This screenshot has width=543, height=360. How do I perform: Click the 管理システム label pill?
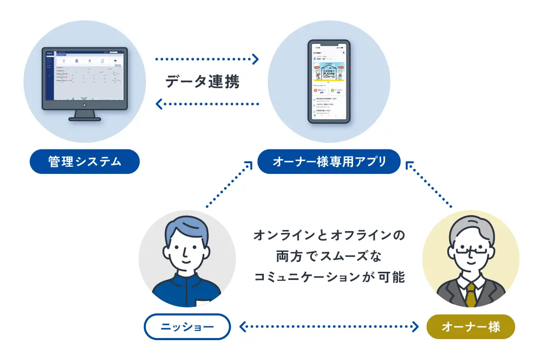point(85,162)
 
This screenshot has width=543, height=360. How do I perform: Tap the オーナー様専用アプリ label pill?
point(329,162)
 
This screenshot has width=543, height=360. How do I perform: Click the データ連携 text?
point(202,82)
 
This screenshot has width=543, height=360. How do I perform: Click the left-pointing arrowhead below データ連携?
point(159,105)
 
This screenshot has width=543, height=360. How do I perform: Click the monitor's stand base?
point(85,118)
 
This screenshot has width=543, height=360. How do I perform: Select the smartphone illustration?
point(329,82)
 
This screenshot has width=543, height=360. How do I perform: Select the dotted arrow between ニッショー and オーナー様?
point(329,326)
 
